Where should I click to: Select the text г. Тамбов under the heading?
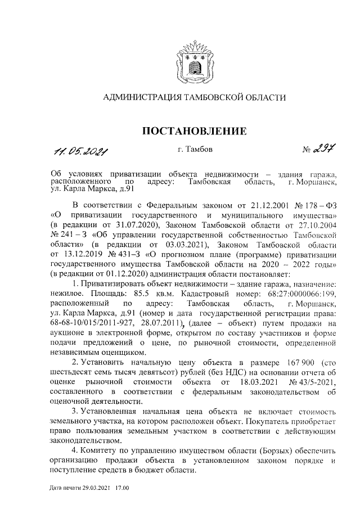[x=195, y=149]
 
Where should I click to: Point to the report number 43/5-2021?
[x=312, y=382]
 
